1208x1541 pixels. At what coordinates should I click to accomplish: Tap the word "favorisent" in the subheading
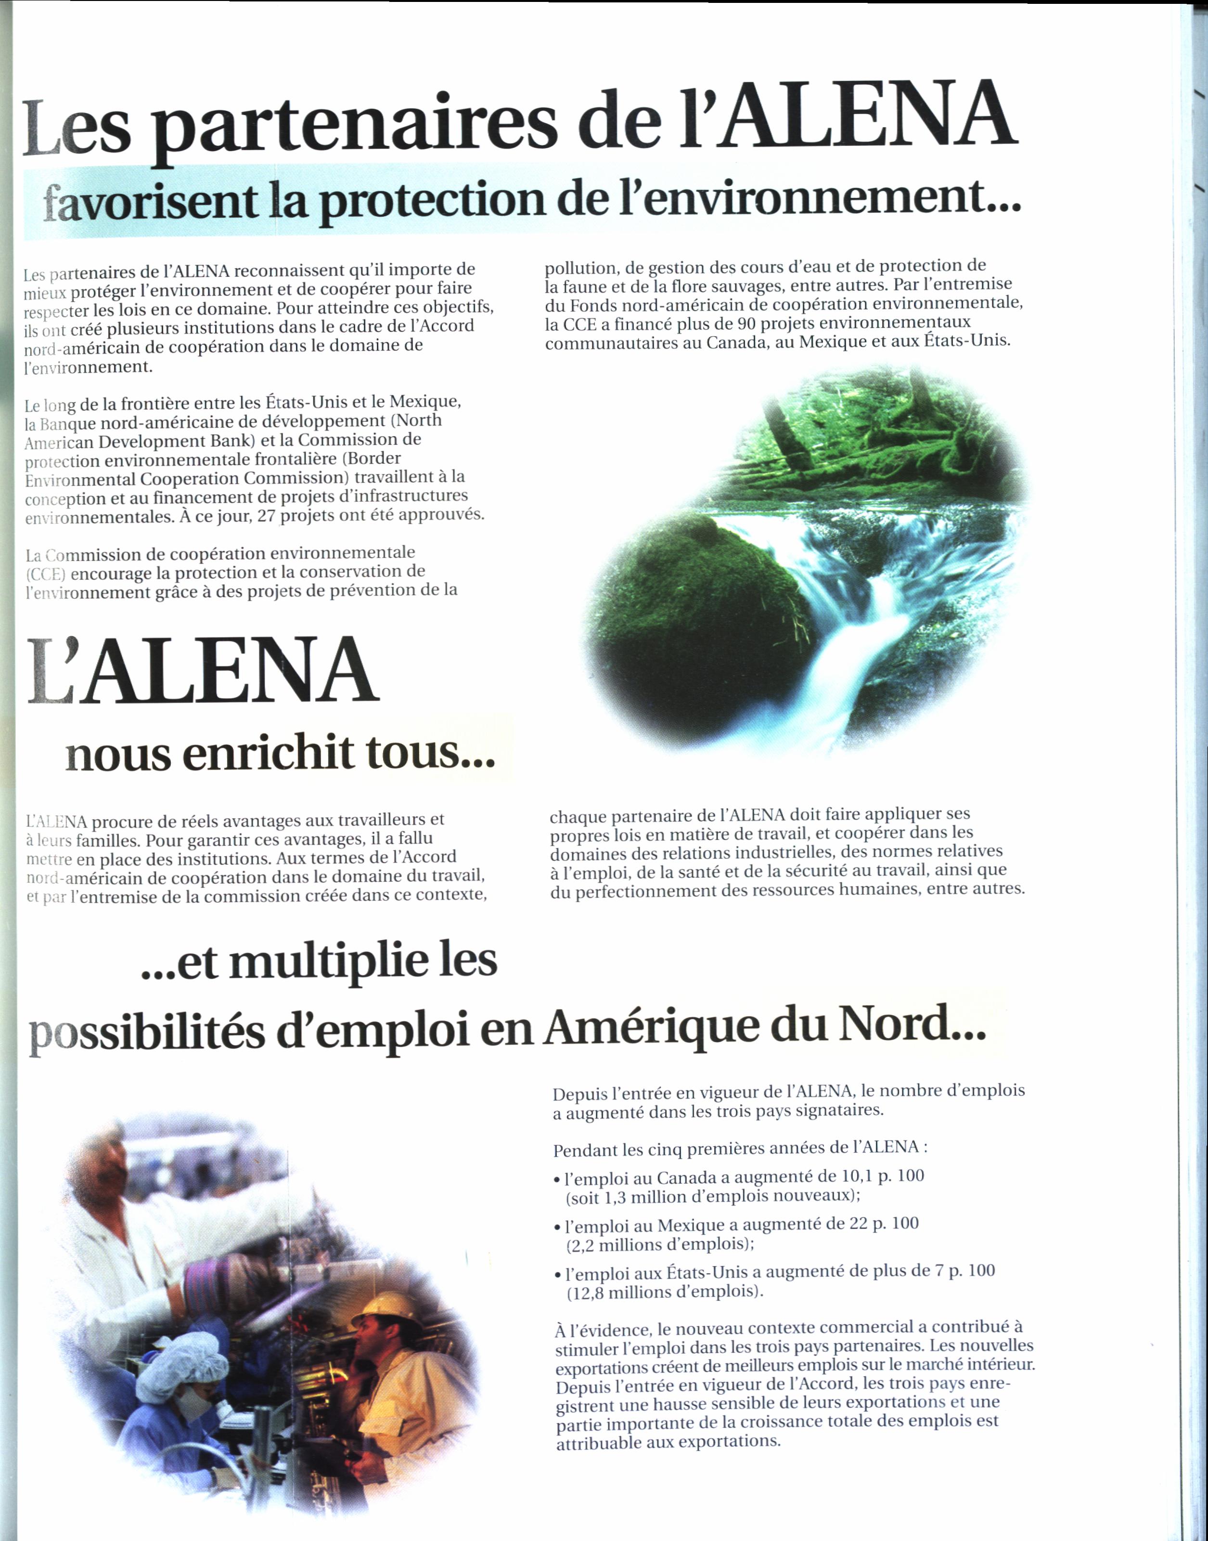(150, 203)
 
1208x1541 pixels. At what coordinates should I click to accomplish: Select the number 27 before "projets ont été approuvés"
(266, 516)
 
